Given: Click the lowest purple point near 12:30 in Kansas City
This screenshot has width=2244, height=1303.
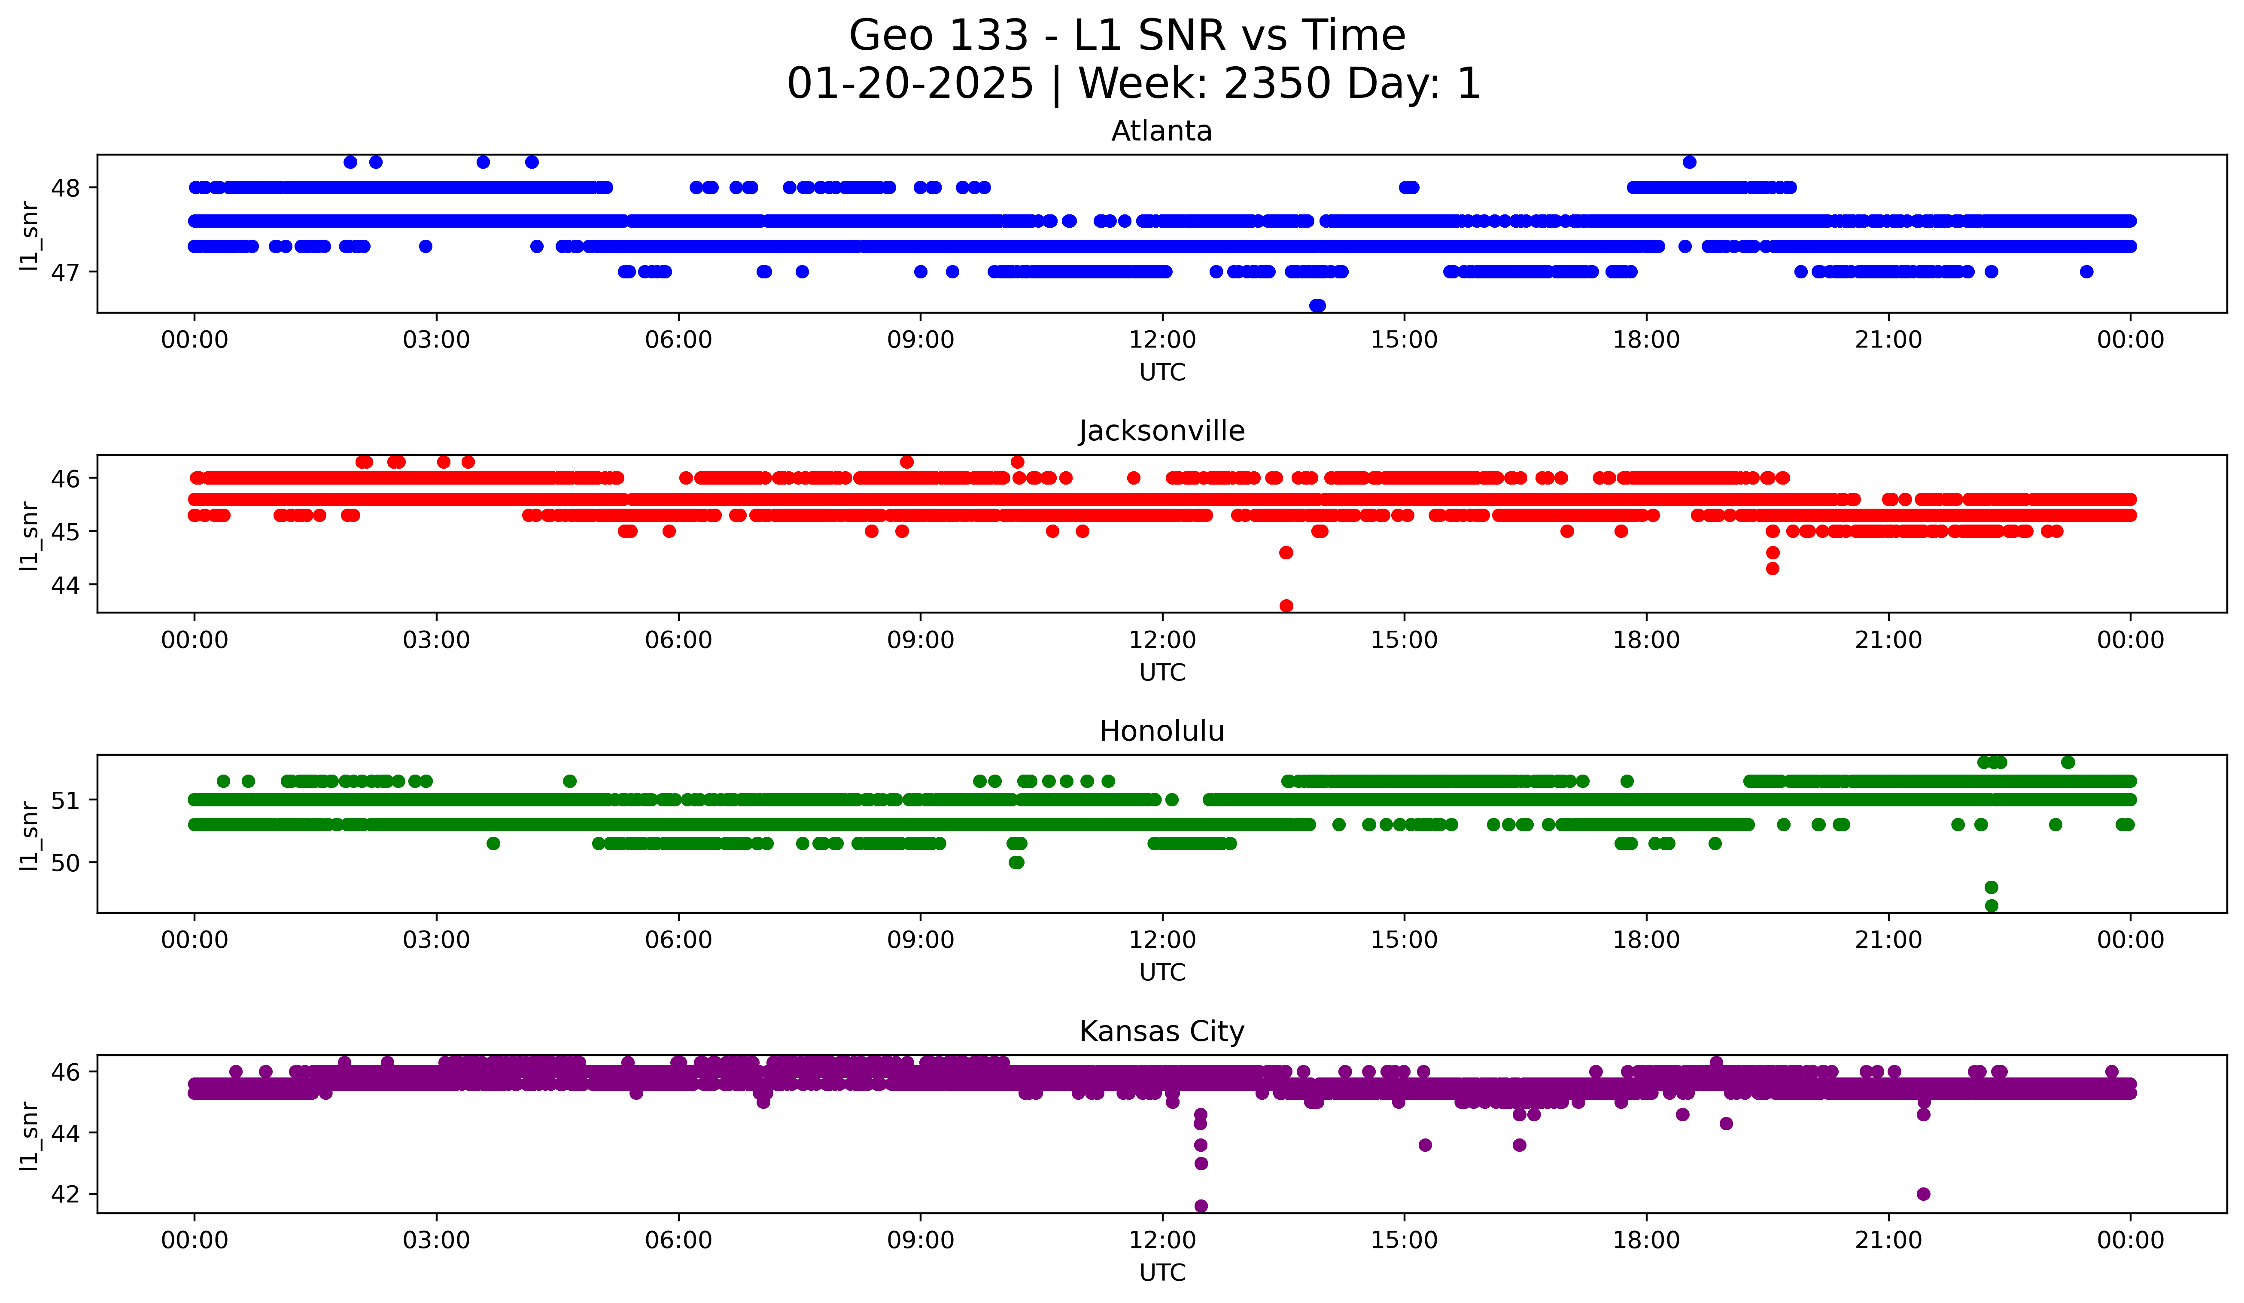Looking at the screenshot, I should (x=1200, y=1206).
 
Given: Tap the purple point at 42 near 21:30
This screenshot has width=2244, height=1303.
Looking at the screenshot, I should (x=1923, y=1193).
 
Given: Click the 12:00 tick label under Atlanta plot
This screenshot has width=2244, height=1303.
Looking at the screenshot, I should (x=1162, y=340).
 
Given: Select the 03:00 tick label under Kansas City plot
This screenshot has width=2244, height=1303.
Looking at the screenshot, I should (x=436, y=1241).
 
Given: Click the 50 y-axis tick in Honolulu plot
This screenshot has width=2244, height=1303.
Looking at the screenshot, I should (x=66, y=862).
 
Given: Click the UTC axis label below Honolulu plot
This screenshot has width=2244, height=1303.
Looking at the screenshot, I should (x=1162, y=973).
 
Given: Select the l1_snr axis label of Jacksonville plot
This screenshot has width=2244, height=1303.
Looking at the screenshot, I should (x=29, y=534).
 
